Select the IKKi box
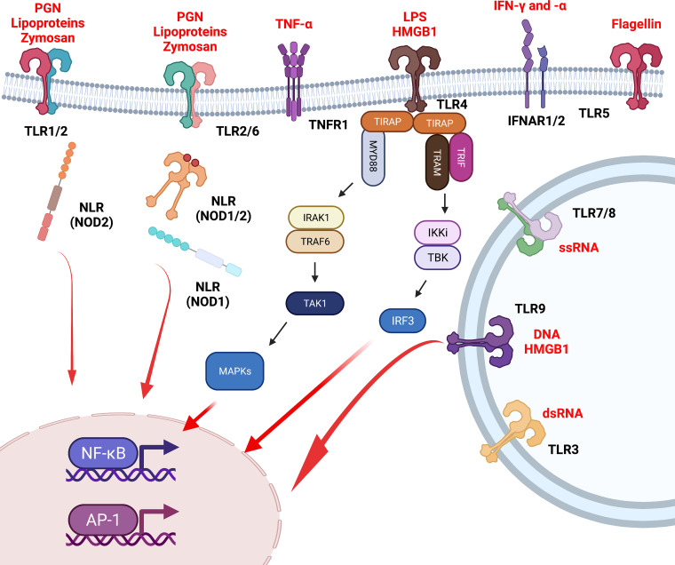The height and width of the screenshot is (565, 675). pyautogui.click(x=437, y=234)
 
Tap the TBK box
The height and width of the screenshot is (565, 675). pyautogui.click(x=437, y=256)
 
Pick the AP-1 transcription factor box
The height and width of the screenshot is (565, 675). pyautogui.click(x=102, y=515)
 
